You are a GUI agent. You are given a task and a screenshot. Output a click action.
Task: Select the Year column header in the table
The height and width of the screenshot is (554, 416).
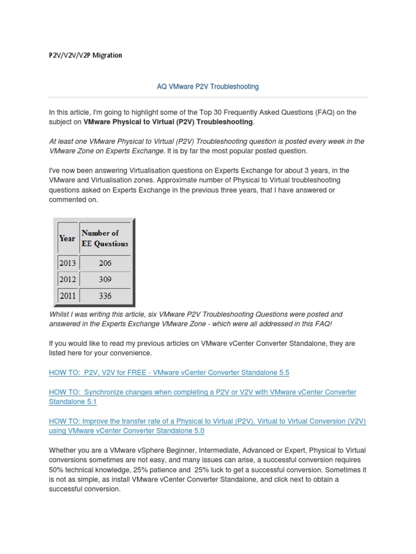[x=67, y=238]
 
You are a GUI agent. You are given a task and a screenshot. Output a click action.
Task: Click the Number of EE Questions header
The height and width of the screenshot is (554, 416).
[x=105, y=238]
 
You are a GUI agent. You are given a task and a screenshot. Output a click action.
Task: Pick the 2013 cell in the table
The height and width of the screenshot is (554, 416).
[x=67, y=263]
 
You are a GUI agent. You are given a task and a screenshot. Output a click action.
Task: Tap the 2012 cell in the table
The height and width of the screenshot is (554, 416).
[x=67, y=279]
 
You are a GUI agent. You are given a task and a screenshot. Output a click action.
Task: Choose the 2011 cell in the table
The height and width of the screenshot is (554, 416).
[x=67, y=295]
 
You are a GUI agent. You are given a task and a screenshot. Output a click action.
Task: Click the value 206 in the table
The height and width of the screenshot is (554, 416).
[x=105, y=263]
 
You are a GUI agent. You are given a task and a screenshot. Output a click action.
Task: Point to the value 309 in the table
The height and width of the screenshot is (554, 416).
[x=105, y=279]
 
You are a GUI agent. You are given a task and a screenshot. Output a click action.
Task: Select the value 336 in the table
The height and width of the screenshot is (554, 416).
[x=105, y=295]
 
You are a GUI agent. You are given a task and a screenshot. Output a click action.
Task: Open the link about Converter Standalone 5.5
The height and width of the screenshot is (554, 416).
[x=169, y=373]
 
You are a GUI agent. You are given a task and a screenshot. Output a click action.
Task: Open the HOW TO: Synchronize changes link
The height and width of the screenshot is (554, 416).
[x=202, y=392]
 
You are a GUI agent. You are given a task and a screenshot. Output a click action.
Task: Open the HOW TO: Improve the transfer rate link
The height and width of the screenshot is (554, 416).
[x=207, y=421]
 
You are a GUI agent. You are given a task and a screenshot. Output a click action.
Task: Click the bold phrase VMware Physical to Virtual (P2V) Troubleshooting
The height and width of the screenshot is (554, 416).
[x=168, y=122]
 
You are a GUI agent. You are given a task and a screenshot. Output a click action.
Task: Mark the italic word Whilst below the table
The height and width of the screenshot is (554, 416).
[x=59, y=314]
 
